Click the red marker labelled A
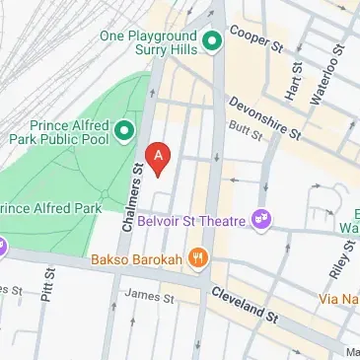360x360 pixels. pos(159,155)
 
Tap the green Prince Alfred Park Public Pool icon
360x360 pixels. pos(124,130)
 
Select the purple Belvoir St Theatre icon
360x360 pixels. pos(261,216)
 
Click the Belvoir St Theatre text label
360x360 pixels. pos(192,221)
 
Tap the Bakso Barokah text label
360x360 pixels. pos(136,260)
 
